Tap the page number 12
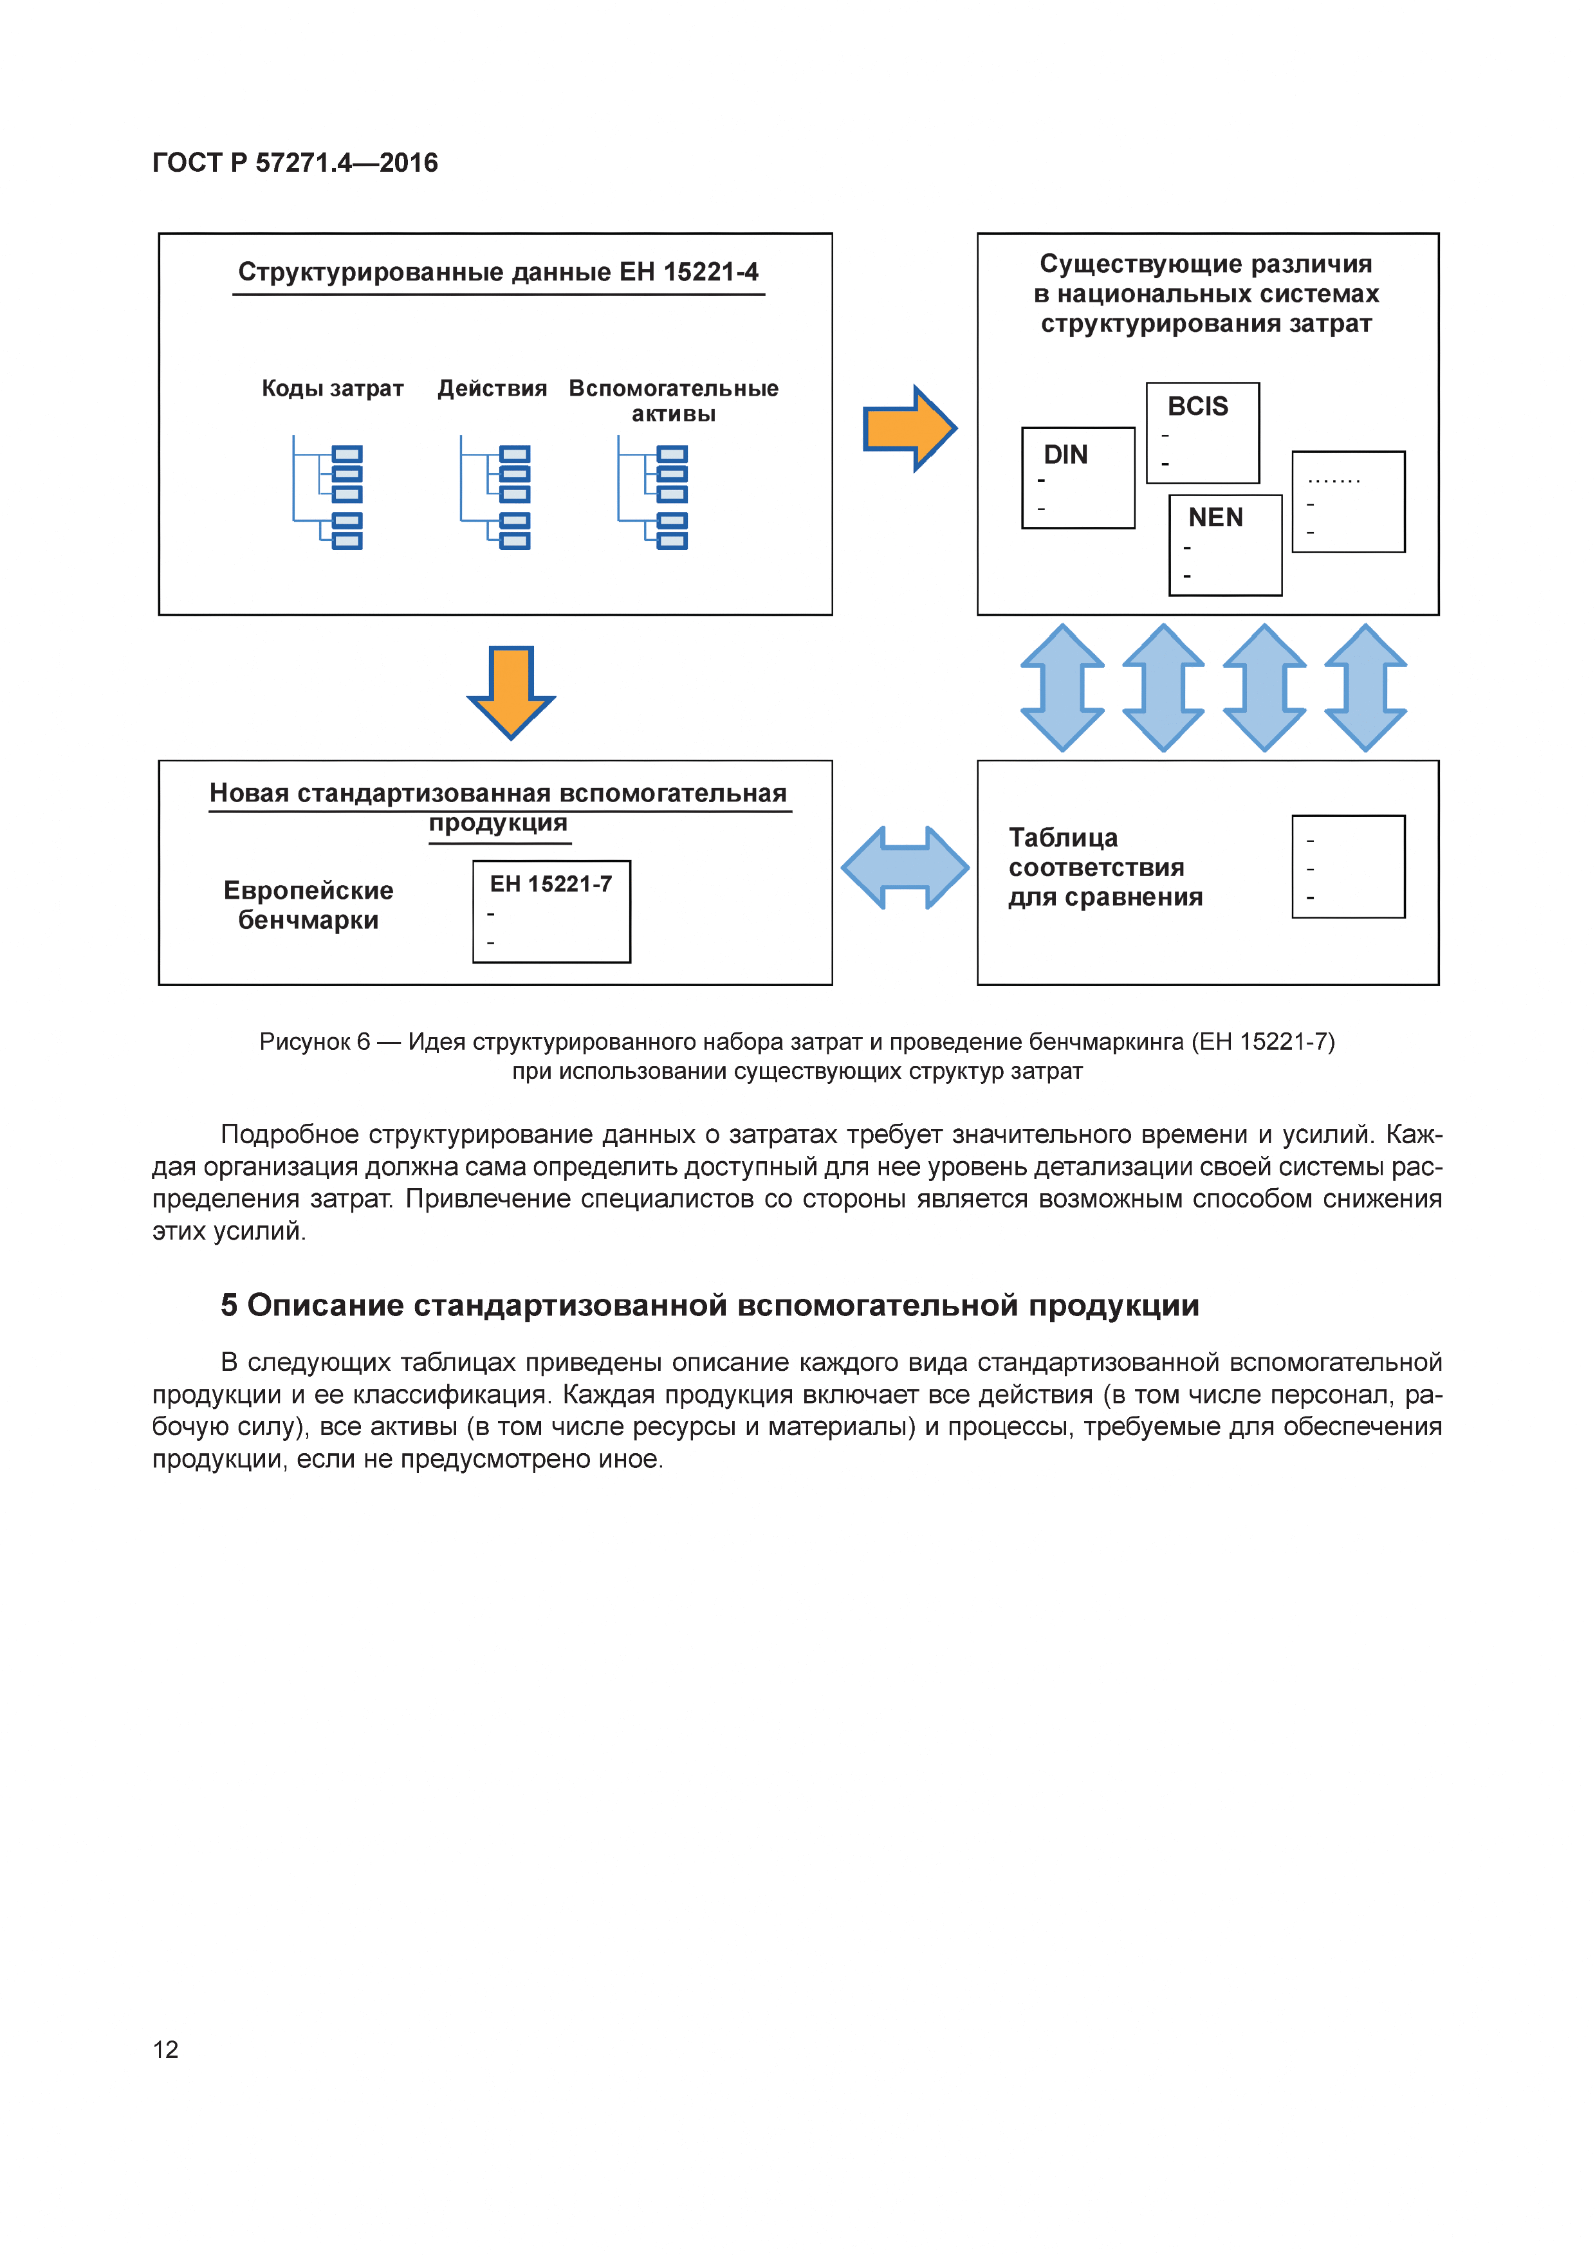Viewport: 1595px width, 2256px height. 165,2049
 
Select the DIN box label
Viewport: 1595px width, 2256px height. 1065,455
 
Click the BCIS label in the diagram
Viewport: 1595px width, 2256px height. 1197,406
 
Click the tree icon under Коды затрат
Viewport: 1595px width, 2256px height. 328,494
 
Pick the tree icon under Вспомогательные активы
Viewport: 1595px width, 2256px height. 652,494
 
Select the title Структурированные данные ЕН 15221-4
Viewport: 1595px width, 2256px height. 497,272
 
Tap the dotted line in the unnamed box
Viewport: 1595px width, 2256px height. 1334,481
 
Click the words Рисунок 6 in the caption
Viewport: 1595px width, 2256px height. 315,1041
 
